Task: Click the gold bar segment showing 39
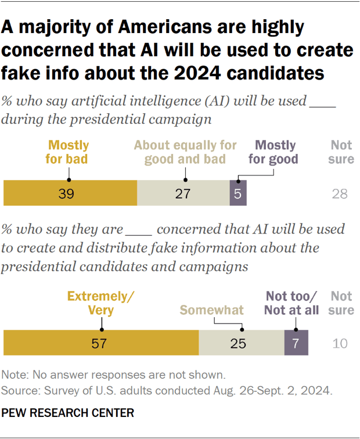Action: (70, 193)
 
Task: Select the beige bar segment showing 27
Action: (183, 193)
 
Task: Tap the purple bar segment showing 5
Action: (238, 193)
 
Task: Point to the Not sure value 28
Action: (340, 194)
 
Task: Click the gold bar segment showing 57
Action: (101, 343)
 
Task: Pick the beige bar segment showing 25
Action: (241, 343)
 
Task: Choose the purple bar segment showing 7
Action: (296, 343)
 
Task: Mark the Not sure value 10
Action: (340, 344)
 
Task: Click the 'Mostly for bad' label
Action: (69, 152)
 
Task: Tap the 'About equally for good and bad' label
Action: (185, 152)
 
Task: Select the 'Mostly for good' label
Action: (275, 152)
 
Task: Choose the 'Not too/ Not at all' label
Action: (291, 303)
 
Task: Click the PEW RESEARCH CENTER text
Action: (69, 413)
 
